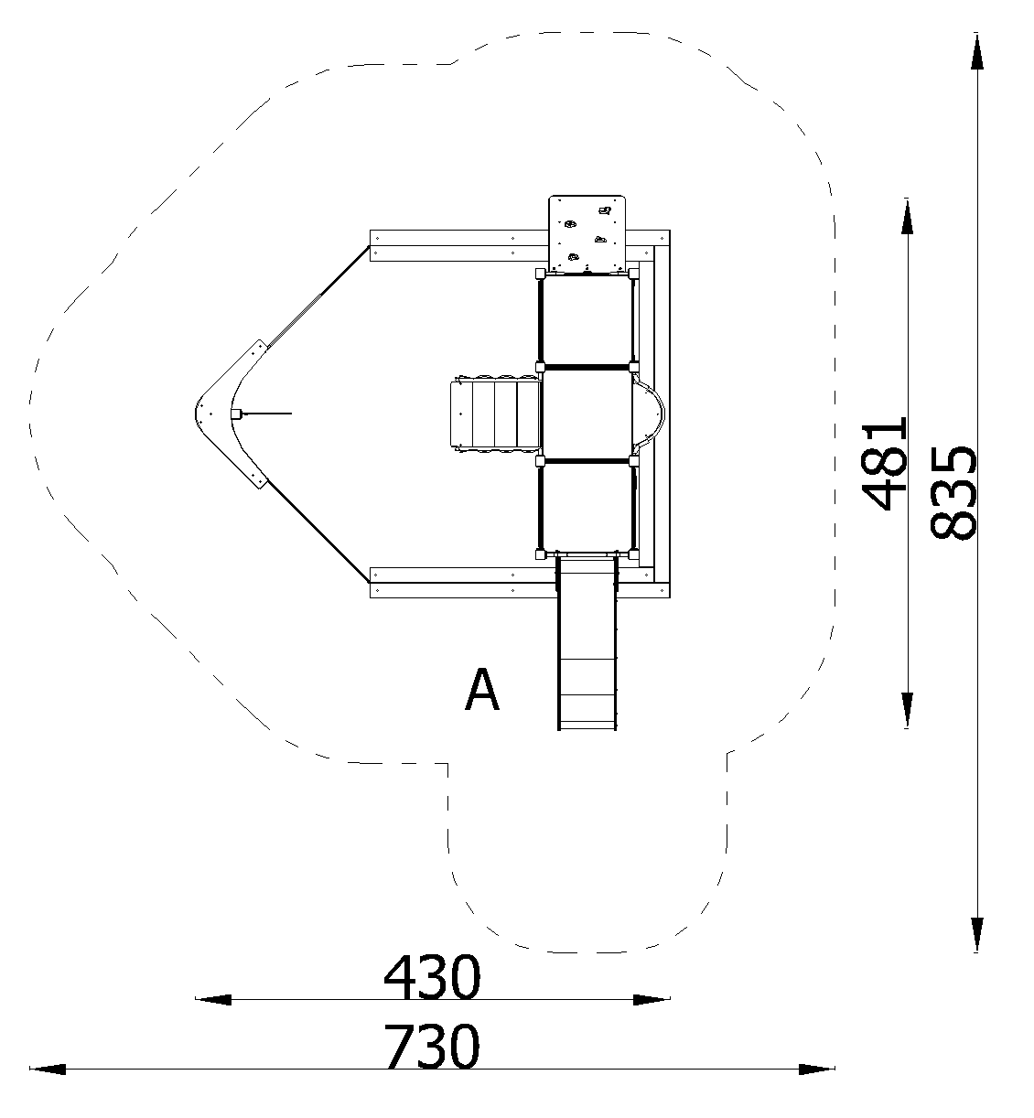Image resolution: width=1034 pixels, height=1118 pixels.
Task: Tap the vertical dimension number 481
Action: tap(885, 463)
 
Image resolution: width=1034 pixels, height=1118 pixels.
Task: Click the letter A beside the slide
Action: tap(482, 690)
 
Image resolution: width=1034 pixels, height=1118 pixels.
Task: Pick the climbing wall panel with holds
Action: tap(587, 234)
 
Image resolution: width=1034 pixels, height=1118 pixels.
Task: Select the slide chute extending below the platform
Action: tap(587, 642)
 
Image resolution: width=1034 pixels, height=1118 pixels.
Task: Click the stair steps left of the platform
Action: tap(495, 414)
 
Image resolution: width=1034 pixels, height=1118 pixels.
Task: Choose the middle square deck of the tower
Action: tap(587, 414)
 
